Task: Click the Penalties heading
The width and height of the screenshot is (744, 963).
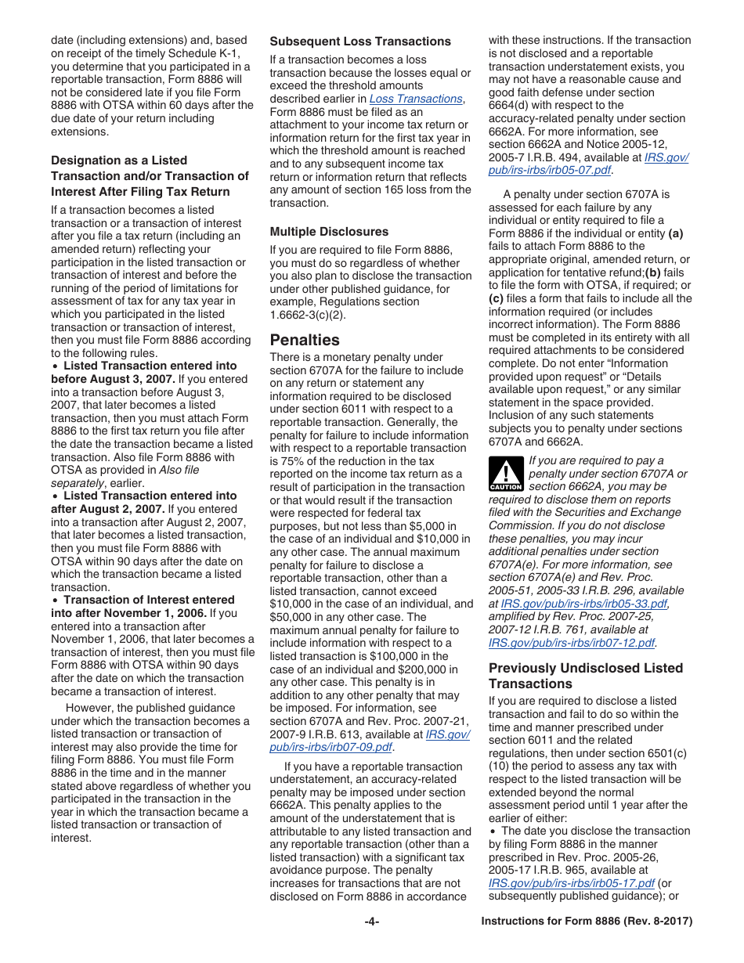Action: click(x=305, y=340)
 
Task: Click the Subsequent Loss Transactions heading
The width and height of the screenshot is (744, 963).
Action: click(x=360, y=41)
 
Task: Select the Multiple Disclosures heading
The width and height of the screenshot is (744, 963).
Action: click(x=329, y=232)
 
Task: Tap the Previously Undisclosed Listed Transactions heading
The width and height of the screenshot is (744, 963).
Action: click(x=585, y=676)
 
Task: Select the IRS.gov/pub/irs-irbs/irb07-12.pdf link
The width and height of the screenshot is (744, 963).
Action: click(x=571, y=643)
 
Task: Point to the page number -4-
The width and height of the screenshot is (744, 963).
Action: click(x=372, y=922)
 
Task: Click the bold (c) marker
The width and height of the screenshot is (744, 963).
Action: click(x=497, y=298)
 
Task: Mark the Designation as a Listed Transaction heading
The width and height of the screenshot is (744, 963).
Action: click(x=149, y=176)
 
